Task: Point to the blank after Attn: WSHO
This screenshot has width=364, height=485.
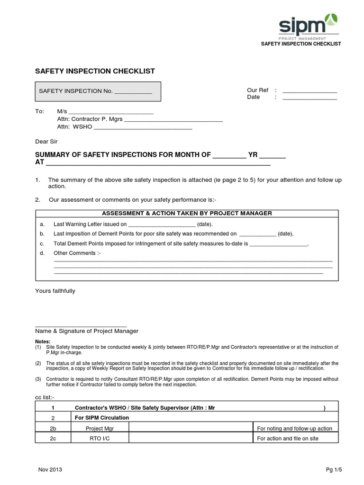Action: click(143, 128)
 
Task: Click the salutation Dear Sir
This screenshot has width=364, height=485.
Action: click(47, 141)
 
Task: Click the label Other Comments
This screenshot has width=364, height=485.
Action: click(77, 253)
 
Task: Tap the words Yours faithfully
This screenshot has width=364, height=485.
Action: click(55, 291)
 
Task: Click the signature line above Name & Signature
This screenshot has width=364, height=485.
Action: click(81, 324)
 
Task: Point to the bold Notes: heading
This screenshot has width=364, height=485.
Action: click(43, 341)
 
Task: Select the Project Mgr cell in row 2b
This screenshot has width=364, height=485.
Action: click(100, 428)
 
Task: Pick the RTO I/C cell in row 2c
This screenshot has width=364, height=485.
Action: click(100, 439)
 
